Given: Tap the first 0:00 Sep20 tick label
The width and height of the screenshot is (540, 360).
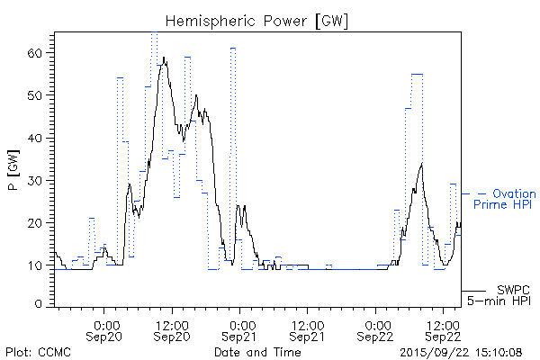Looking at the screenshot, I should [x=106, y=329].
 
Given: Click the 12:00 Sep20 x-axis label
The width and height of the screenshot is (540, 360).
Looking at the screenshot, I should [x=173, y=329].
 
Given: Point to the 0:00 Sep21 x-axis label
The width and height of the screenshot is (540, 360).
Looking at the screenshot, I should [x=240, y=329].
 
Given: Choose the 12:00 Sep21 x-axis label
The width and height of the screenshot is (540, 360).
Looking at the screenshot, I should [x=307, y=329].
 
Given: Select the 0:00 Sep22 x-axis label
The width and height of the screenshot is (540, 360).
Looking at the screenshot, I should [x=376, y=329].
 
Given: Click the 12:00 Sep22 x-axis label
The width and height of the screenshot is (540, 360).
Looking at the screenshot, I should [x=443, y=329].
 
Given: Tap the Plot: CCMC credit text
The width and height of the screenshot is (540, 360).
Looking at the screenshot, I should [x=35, y=351].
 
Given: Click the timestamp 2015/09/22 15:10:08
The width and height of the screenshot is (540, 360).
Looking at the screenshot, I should [x=462, y=351].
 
